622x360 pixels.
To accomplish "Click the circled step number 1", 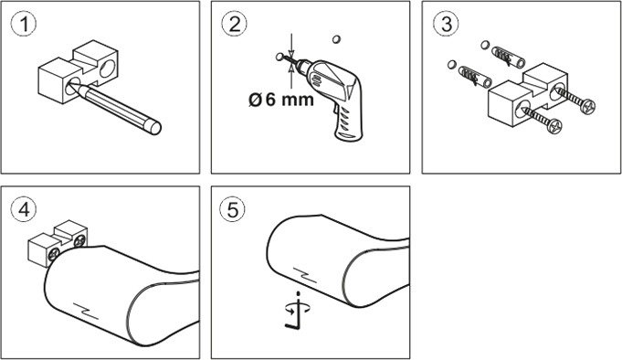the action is tap(24, 24).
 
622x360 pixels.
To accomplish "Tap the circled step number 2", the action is tap(235, 24).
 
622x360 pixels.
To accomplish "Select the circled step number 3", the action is tap(447, 24).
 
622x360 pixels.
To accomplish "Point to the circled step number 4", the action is tap(24, 209).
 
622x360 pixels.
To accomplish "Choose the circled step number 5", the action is tap(233, 209).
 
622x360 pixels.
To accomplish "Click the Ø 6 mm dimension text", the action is tap(281, 100).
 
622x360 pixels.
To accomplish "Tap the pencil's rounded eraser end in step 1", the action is tap(154, 127).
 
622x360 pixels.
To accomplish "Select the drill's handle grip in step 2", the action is tap(348, 121).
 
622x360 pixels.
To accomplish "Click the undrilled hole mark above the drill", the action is tap(336, 39).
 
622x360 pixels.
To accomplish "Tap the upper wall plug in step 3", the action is tap(508, 58).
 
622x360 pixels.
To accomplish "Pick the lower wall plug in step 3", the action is tap(475, 77).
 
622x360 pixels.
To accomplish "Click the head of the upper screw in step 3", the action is tap(587, 106).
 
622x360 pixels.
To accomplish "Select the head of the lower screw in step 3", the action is tap(554, 126).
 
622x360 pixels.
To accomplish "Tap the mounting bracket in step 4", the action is tap(58, 242).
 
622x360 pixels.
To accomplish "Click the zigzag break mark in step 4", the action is tap(86, 312).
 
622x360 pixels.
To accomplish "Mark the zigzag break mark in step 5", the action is tap(305, 275).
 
